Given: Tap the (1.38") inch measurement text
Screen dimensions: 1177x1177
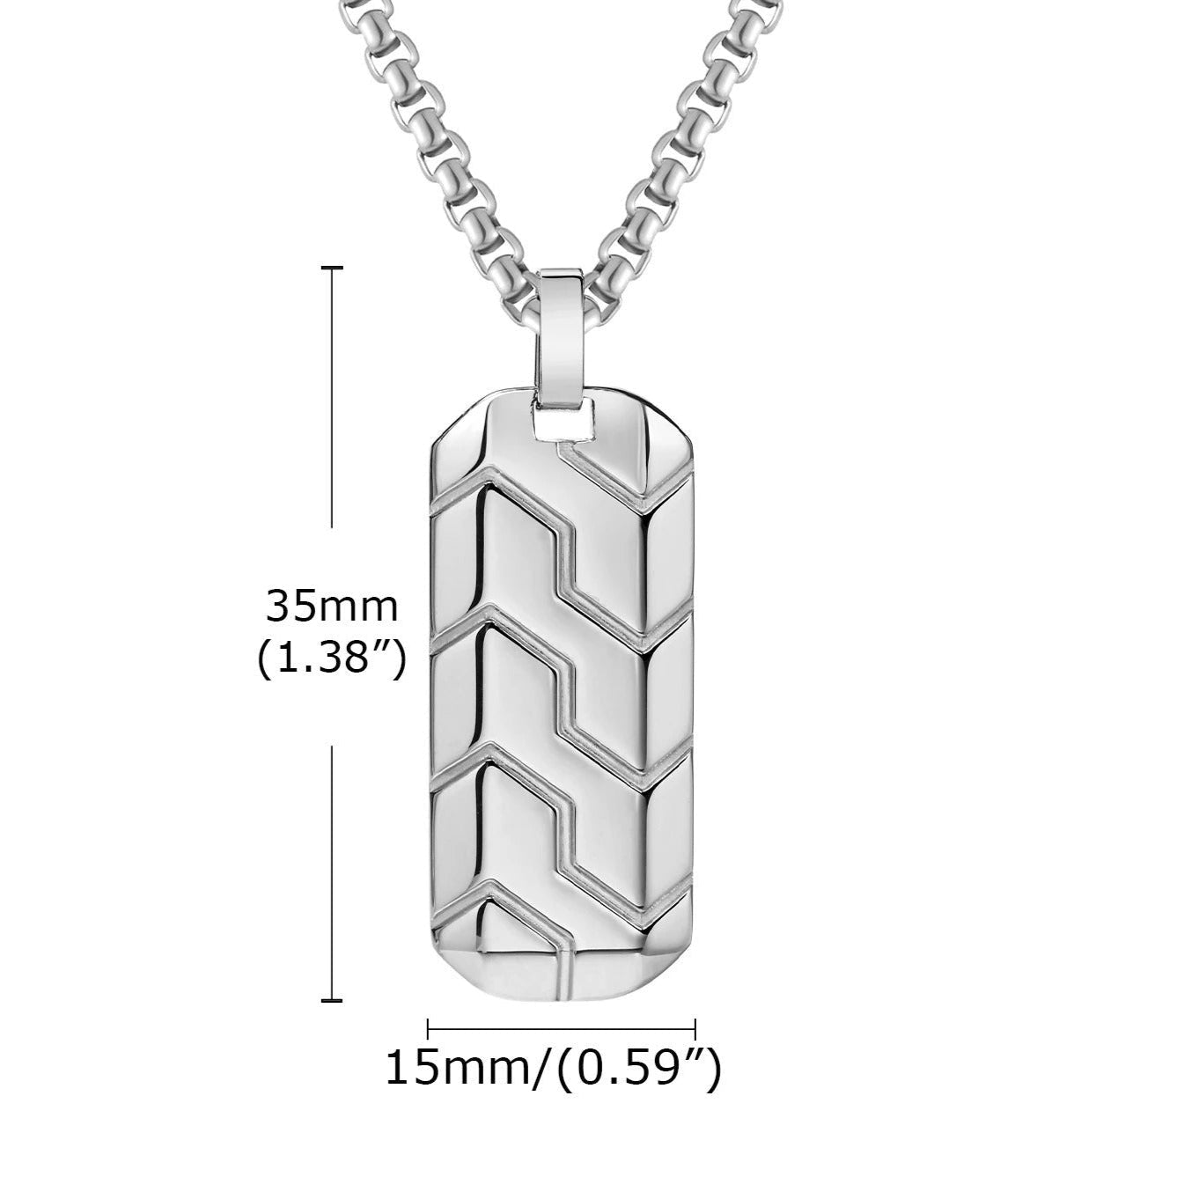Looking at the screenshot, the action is point(332,659).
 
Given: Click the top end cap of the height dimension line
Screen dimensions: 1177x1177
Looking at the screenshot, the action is point(332,267).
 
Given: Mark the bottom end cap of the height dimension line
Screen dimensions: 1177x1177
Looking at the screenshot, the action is point(332,1000).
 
